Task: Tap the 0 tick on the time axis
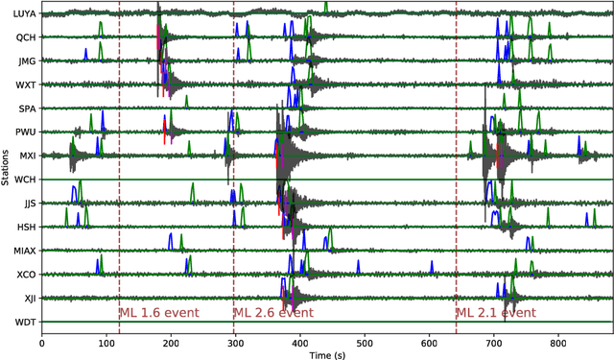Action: (x=41, y=342)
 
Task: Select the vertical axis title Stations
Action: (x=7, y=168)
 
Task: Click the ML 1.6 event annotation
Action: (x=157, y=313)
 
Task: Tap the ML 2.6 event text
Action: (x=272, y=313)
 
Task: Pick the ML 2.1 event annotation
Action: (x=496, y=313)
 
